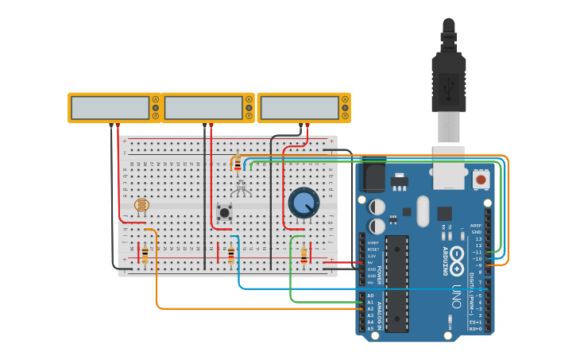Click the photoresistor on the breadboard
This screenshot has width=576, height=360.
(141, 206)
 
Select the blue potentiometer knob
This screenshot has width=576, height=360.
(303, 203)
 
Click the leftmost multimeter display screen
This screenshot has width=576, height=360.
(110, 107)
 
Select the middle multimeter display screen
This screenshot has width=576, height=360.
(203, 107)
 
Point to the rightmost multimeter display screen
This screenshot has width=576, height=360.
(300, 107)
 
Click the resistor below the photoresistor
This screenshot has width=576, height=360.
(145, 254)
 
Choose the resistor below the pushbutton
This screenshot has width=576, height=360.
(231, 254)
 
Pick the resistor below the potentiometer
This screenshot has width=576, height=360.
(304, 254)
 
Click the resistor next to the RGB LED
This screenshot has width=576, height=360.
(237, 163)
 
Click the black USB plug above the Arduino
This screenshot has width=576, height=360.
(448, 79)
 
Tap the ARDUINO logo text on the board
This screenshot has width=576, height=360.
(445, 261)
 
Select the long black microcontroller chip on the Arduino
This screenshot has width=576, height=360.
(396, 282)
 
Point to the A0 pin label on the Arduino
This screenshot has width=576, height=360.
(370, 296)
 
